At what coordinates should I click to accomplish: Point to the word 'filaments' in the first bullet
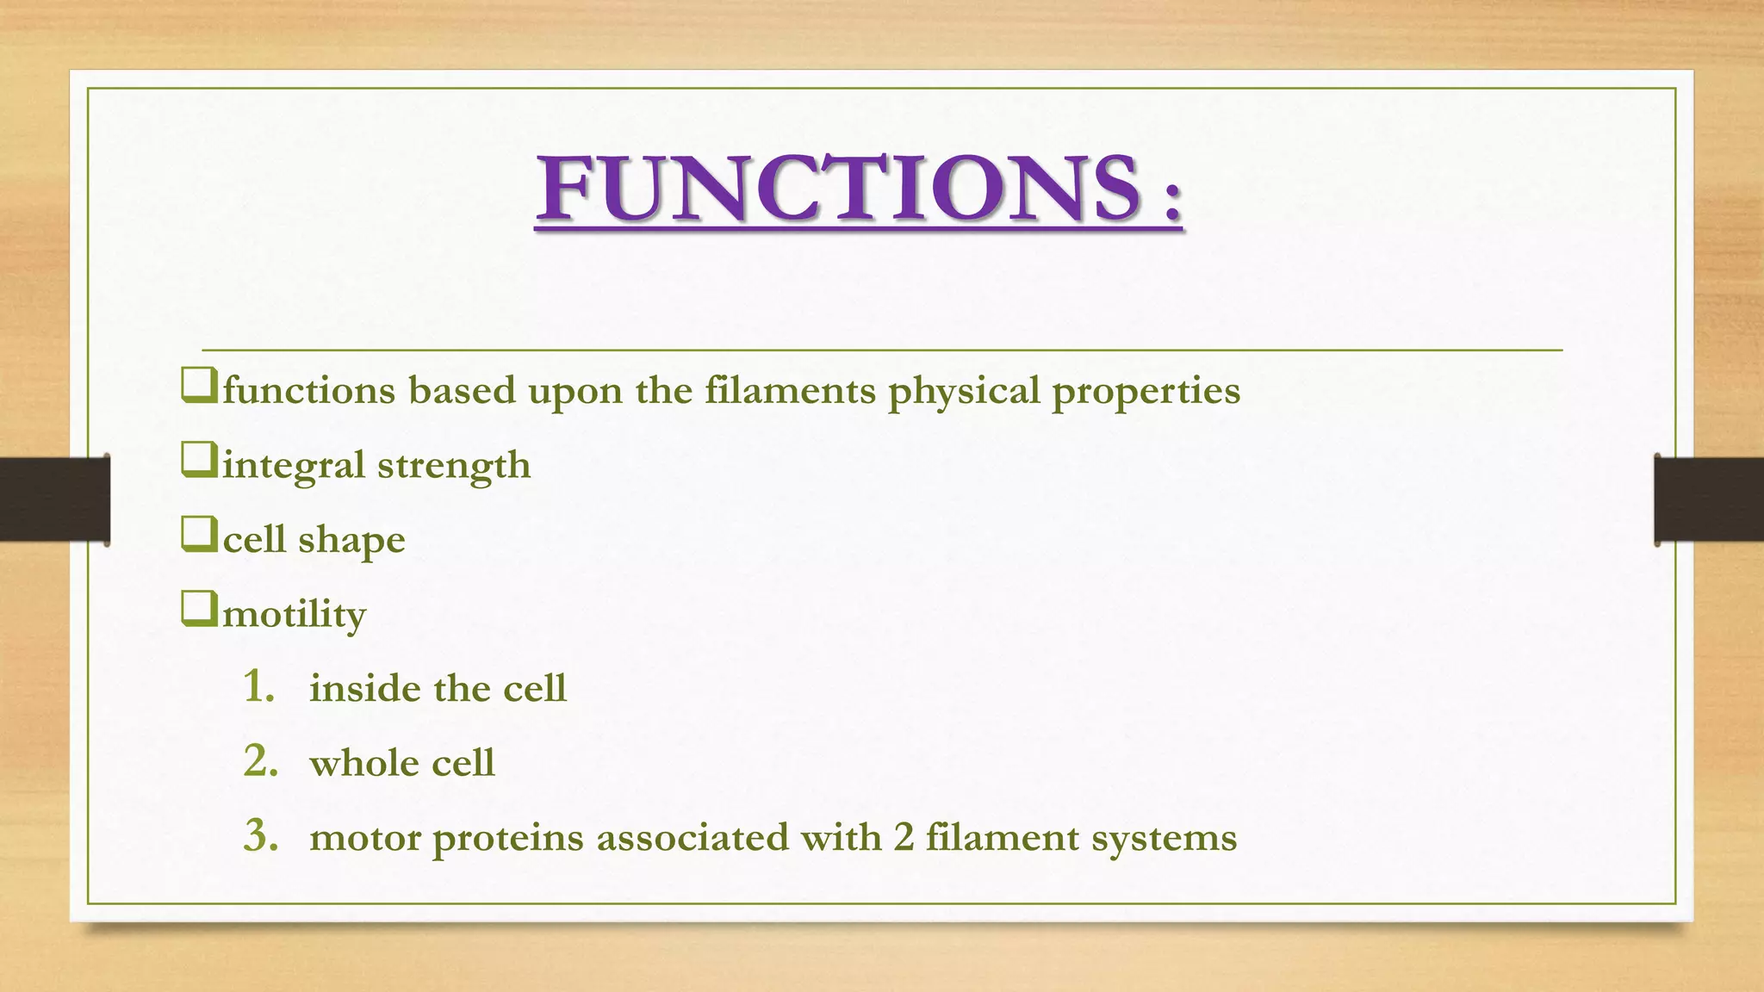click(790, 390)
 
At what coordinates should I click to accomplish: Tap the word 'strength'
click(454, 466)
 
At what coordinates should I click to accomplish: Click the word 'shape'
click(351, 541)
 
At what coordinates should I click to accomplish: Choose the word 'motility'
click(295, 615)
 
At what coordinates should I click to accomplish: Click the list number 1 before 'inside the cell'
click(258, 686)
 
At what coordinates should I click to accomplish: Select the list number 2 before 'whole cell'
click(260, 761)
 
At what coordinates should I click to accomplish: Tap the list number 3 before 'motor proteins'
click(260, 835)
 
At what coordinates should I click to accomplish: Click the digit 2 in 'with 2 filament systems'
click(903, 837)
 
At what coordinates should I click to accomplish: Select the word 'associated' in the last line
click(692, 837)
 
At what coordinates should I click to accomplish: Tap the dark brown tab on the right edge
click(1708, 499)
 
